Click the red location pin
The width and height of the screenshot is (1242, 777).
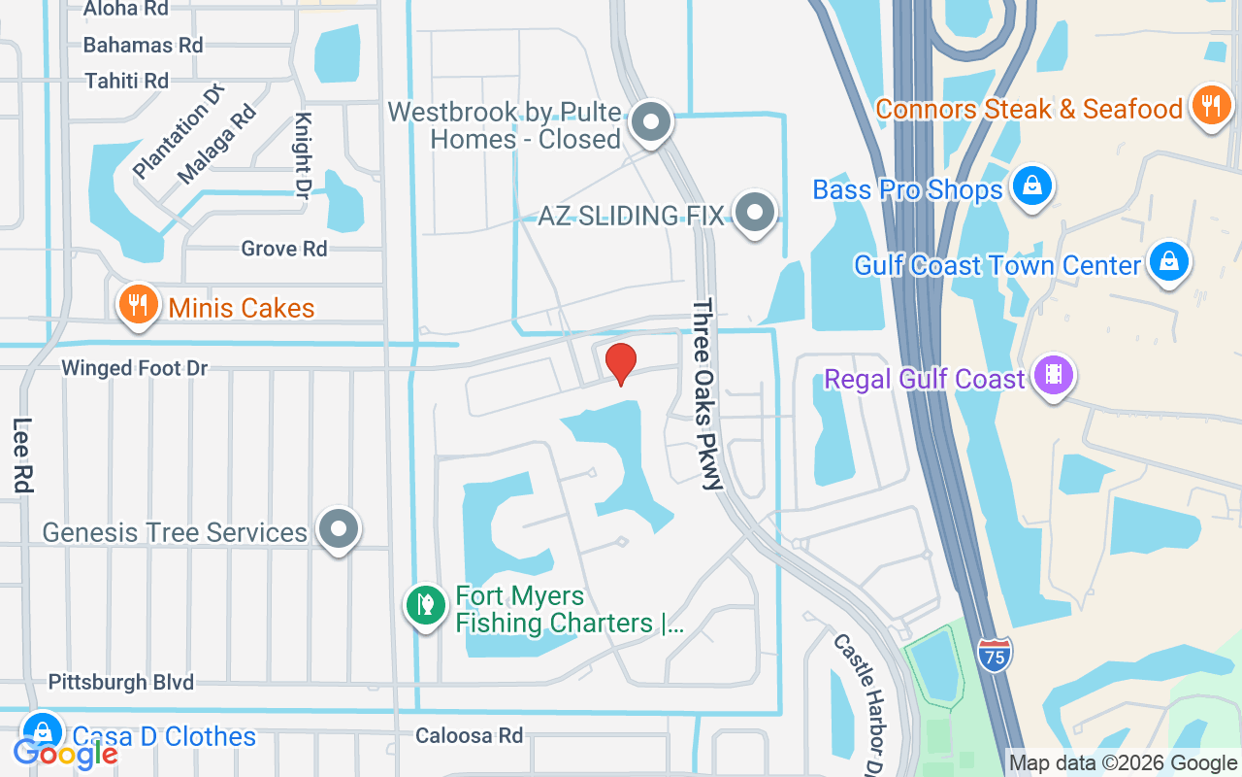pyautogui.click(x=621, y=363)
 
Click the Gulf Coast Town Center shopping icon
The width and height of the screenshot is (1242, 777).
pyautogui.click(x=1170, y=262)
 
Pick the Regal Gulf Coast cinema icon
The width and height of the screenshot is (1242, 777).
pyautogui.click(x=1053, y=376)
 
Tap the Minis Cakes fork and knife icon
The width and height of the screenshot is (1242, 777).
pyautogui.click(x=138, y=305)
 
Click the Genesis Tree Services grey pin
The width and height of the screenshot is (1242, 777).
pyautogui.click(x=339, y=529)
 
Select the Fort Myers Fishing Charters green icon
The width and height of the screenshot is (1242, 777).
pyautogui.click(x=425, y=606)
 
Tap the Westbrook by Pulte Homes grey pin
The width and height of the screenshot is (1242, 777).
pyautogui.click(x=651, y=123)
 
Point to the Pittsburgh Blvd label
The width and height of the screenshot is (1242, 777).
pyautogui.click(x=121, y=682)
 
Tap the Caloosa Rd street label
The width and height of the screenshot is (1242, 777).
pyautogui.click(x=469, y=735)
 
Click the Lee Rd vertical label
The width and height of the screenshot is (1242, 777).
pyautogui.click(x=22, y=454)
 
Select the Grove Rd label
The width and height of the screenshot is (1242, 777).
pyautogui.click(x=284, y=249)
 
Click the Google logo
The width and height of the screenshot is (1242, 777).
pyautogui.click(x=65, y=753)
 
